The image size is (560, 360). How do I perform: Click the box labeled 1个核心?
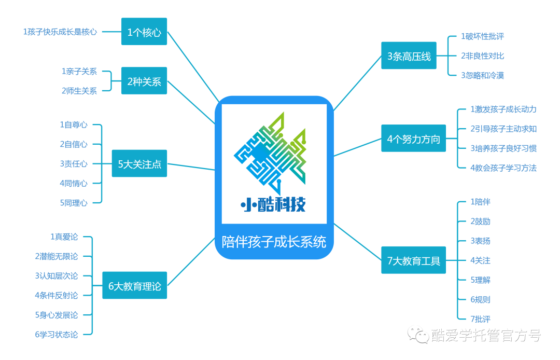pos(144,32)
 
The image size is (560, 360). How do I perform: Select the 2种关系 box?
pos(144,81)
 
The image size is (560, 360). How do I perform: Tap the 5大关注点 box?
pos(139,163)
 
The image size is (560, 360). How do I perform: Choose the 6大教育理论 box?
pos(135,285)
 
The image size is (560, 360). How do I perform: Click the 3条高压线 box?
pos(409,56)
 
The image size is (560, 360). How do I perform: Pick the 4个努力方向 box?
pos(414,138)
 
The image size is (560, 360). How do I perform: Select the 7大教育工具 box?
pos(414,260)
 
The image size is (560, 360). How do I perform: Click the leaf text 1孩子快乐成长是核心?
pos(60,32)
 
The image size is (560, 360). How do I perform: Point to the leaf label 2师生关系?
pos(79,91)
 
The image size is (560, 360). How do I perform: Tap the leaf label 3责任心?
pos(74,163)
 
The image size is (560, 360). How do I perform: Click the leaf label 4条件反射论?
pos(57,295)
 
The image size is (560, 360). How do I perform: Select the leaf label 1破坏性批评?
pos(483,36)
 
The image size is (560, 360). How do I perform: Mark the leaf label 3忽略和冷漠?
pos(483,75)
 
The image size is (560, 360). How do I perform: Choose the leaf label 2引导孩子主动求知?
pos(503,129)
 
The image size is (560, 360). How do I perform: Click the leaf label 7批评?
pos(480,319)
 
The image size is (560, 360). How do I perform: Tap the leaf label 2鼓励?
pos(480,221)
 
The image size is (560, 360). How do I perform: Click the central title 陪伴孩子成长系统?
pos(274,242)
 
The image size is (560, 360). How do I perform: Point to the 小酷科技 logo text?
pos(273,205)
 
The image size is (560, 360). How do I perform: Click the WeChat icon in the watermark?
pos(418,335)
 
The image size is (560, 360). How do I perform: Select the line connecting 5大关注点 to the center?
pos(191,167)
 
